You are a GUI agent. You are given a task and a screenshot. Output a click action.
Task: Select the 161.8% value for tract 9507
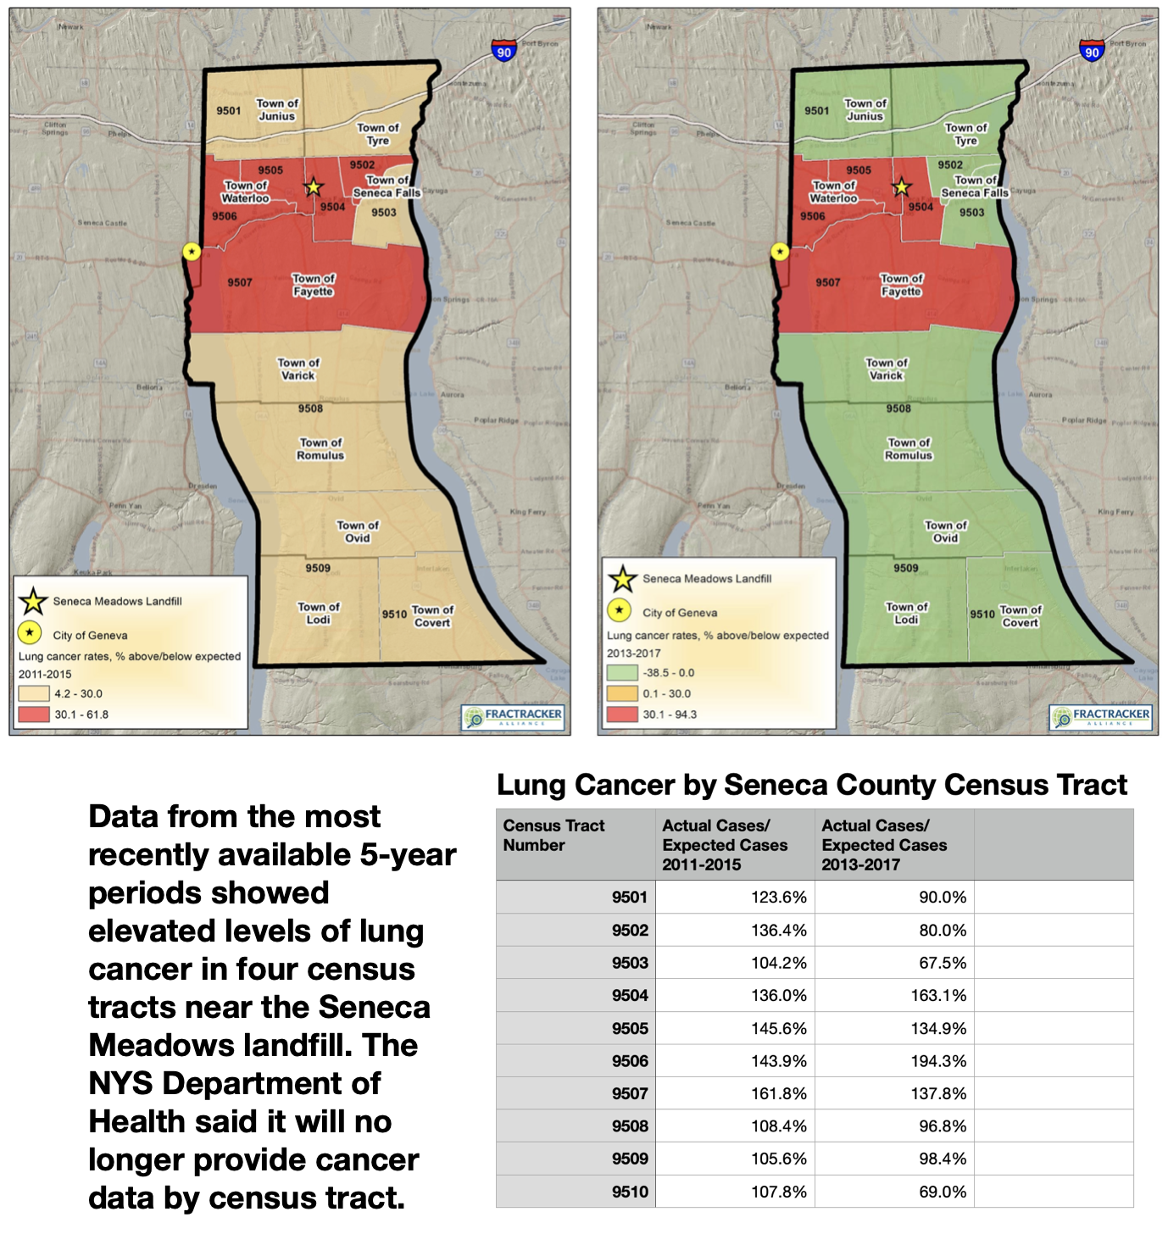click(x=778, y=1094)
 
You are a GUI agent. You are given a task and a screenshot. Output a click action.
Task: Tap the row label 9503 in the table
click(x=630, y=963)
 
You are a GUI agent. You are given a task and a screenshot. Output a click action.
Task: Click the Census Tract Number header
click(x=553, y=836)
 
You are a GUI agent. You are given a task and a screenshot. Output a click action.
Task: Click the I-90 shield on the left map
click(x=503, y=52)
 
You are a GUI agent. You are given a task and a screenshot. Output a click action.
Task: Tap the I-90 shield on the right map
click(x=1092, y=52)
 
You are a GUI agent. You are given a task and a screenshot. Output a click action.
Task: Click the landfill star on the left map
click(x=314, y=187)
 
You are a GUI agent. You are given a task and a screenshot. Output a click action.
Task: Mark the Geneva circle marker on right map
click(x=780, y=252)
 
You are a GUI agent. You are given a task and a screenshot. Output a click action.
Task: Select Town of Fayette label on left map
click(x=314, y=285)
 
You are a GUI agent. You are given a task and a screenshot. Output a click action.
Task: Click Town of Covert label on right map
click(x=1021, y=616)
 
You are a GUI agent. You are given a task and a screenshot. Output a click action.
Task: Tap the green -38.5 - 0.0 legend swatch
click(x=622, y=673)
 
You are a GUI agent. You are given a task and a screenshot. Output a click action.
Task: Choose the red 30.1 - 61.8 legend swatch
click(x=34, y=714)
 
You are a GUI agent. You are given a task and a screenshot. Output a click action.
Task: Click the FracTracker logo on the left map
click(x=513, y=717)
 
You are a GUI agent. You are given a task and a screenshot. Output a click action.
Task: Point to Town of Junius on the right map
click(x=865, y=109)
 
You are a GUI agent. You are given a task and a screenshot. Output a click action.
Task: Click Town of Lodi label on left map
click(x=319, y=613)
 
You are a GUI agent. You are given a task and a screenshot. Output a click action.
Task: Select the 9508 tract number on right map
click(x=898, y=409)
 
